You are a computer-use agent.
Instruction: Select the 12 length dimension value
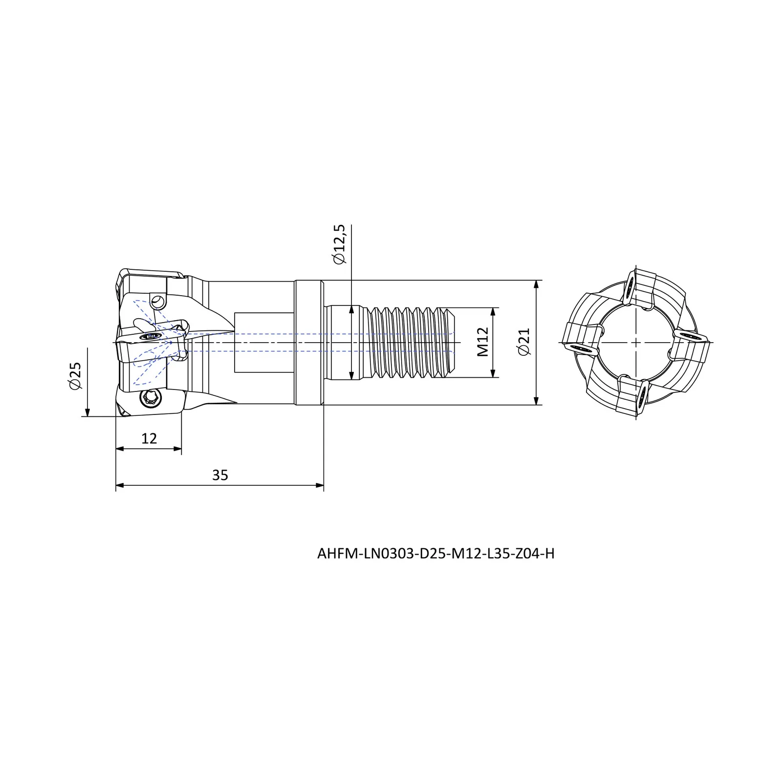149,438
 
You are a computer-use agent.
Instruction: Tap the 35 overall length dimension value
220,475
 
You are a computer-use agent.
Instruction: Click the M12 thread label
482,342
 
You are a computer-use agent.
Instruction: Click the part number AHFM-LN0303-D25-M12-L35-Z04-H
436,554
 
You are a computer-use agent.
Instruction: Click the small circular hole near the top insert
157,301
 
